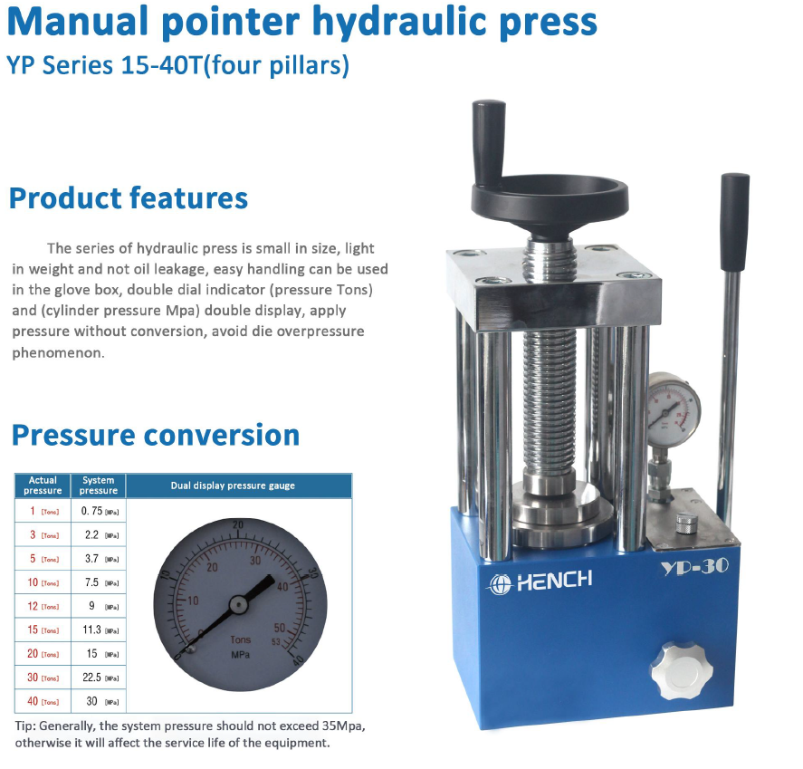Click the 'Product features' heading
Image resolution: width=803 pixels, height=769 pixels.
point(128,198)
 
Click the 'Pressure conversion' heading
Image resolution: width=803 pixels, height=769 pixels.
point(155,435)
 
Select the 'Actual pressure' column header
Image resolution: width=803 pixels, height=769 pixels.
point(43,485)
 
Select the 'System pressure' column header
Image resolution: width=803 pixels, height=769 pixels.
point(99,485)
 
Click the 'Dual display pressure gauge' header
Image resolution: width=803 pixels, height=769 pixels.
point(233,485)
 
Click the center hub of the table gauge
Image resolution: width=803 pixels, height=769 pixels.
point(238,601)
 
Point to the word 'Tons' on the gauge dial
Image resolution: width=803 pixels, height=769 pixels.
point(240,639)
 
